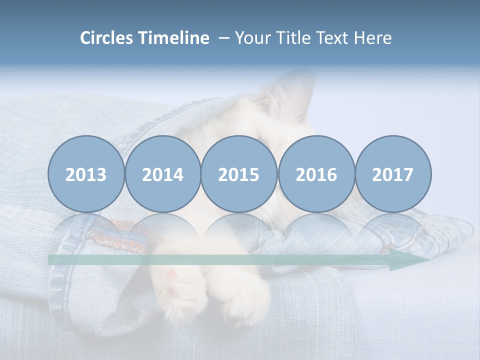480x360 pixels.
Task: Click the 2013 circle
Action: click(x=86, y=174)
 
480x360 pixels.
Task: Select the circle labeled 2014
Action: click(x=162, y=174)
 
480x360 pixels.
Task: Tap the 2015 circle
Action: click(x=239, y=174)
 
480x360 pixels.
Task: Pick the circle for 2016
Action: click(x=316, y=174)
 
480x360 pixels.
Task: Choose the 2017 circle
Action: click(x=393, y=174)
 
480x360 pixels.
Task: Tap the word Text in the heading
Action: click(x=331, y=38)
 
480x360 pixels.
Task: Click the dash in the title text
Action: click(x=223, y=38)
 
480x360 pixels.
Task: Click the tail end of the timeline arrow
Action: click(x=52, y=260)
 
